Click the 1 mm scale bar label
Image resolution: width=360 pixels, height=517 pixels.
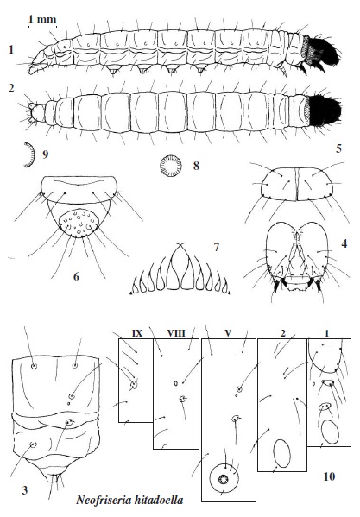[x=42, y=20]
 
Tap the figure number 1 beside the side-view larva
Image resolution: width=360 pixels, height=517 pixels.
[x=11, y=49]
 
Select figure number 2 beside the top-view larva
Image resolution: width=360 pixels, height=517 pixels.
[x=11, y=88]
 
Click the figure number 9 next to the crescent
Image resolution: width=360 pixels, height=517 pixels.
[x=45, y=154]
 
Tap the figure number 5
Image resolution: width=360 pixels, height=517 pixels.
[x=338, y=148]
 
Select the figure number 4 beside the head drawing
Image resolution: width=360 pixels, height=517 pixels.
[x=344, y=243]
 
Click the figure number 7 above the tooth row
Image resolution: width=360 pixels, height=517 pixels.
[x=217, y=247]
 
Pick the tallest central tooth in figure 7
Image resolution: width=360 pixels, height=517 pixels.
[x=180, y=268]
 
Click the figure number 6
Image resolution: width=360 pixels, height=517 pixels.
[x=76, y=276]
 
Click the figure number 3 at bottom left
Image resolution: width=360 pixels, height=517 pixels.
[x=25, y=490]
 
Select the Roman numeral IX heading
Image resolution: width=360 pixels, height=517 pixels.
[x=137, y=333]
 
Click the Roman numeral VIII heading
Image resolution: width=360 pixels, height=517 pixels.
[x=176, y=333]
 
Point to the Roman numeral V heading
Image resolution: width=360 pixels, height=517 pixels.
[x=228, y=333]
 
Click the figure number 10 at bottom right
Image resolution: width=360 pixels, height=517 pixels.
[x=329, y=476]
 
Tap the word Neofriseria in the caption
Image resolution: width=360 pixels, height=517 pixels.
[x=100, y=500]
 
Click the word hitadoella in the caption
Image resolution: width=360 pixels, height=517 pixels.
[x=155, y=500]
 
